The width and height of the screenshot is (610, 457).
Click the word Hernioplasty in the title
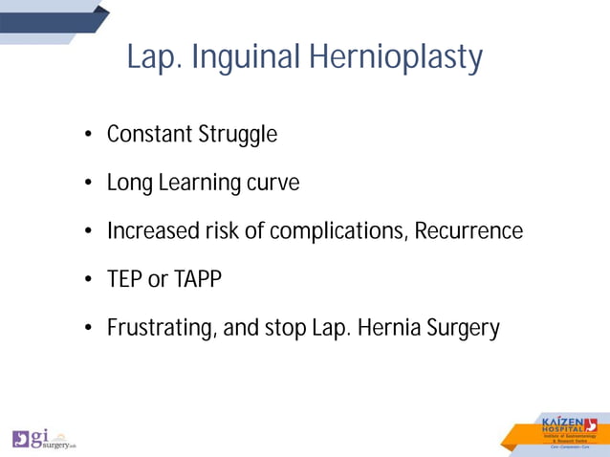[396, 58]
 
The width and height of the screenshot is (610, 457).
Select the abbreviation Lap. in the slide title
[155, 58]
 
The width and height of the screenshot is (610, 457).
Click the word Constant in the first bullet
[149, 135]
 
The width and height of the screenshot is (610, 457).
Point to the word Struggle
[237, 136]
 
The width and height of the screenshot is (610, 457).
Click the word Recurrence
[468, 231]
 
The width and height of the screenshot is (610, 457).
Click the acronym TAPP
[198, 280]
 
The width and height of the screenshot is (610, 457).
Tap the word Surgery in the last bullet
[464, 329]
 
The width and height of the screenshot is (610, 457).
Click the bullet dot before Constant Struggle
[87, 136]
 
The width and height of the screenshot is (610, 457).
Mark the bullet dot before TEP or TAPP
[87, 281]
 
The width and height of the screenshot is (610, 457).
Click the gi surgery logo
[44, 439]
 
